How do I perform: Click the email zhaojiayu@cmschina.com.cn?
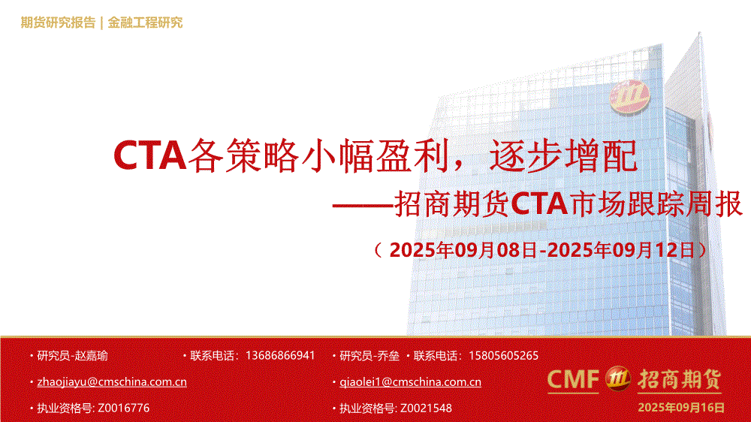(112, 381)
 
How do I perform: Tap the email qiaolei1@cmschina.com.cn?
(411, 381)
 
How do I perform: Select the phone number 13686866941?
(280, 355)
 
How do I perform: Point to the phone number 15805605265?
(503, 355)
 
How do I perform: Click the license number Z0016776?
(124, 408)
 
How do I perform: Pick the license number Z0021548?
(426, 408)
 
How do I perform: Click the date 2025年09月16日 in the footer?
(681, 408)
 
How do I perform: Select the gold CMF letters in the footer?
(573, 379)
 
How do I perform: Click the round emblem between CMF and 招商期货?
(618, 378)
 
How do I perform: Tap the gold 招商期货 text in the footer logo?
(679, 379)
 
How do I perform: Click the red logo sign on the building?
(629, 96)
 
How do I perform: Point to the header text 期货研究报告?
(58, 23)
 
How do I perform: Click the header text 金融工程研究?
(145, 23)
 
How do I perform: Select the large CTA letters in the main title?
(149, 155)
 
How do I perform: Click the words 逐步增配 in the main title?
(563, 155)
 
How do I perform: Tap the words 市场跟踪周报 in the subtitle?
(655, 204)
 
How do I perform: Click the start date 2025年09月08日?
(463, 250)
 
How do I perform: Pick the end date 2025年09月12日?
(621, 250)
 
